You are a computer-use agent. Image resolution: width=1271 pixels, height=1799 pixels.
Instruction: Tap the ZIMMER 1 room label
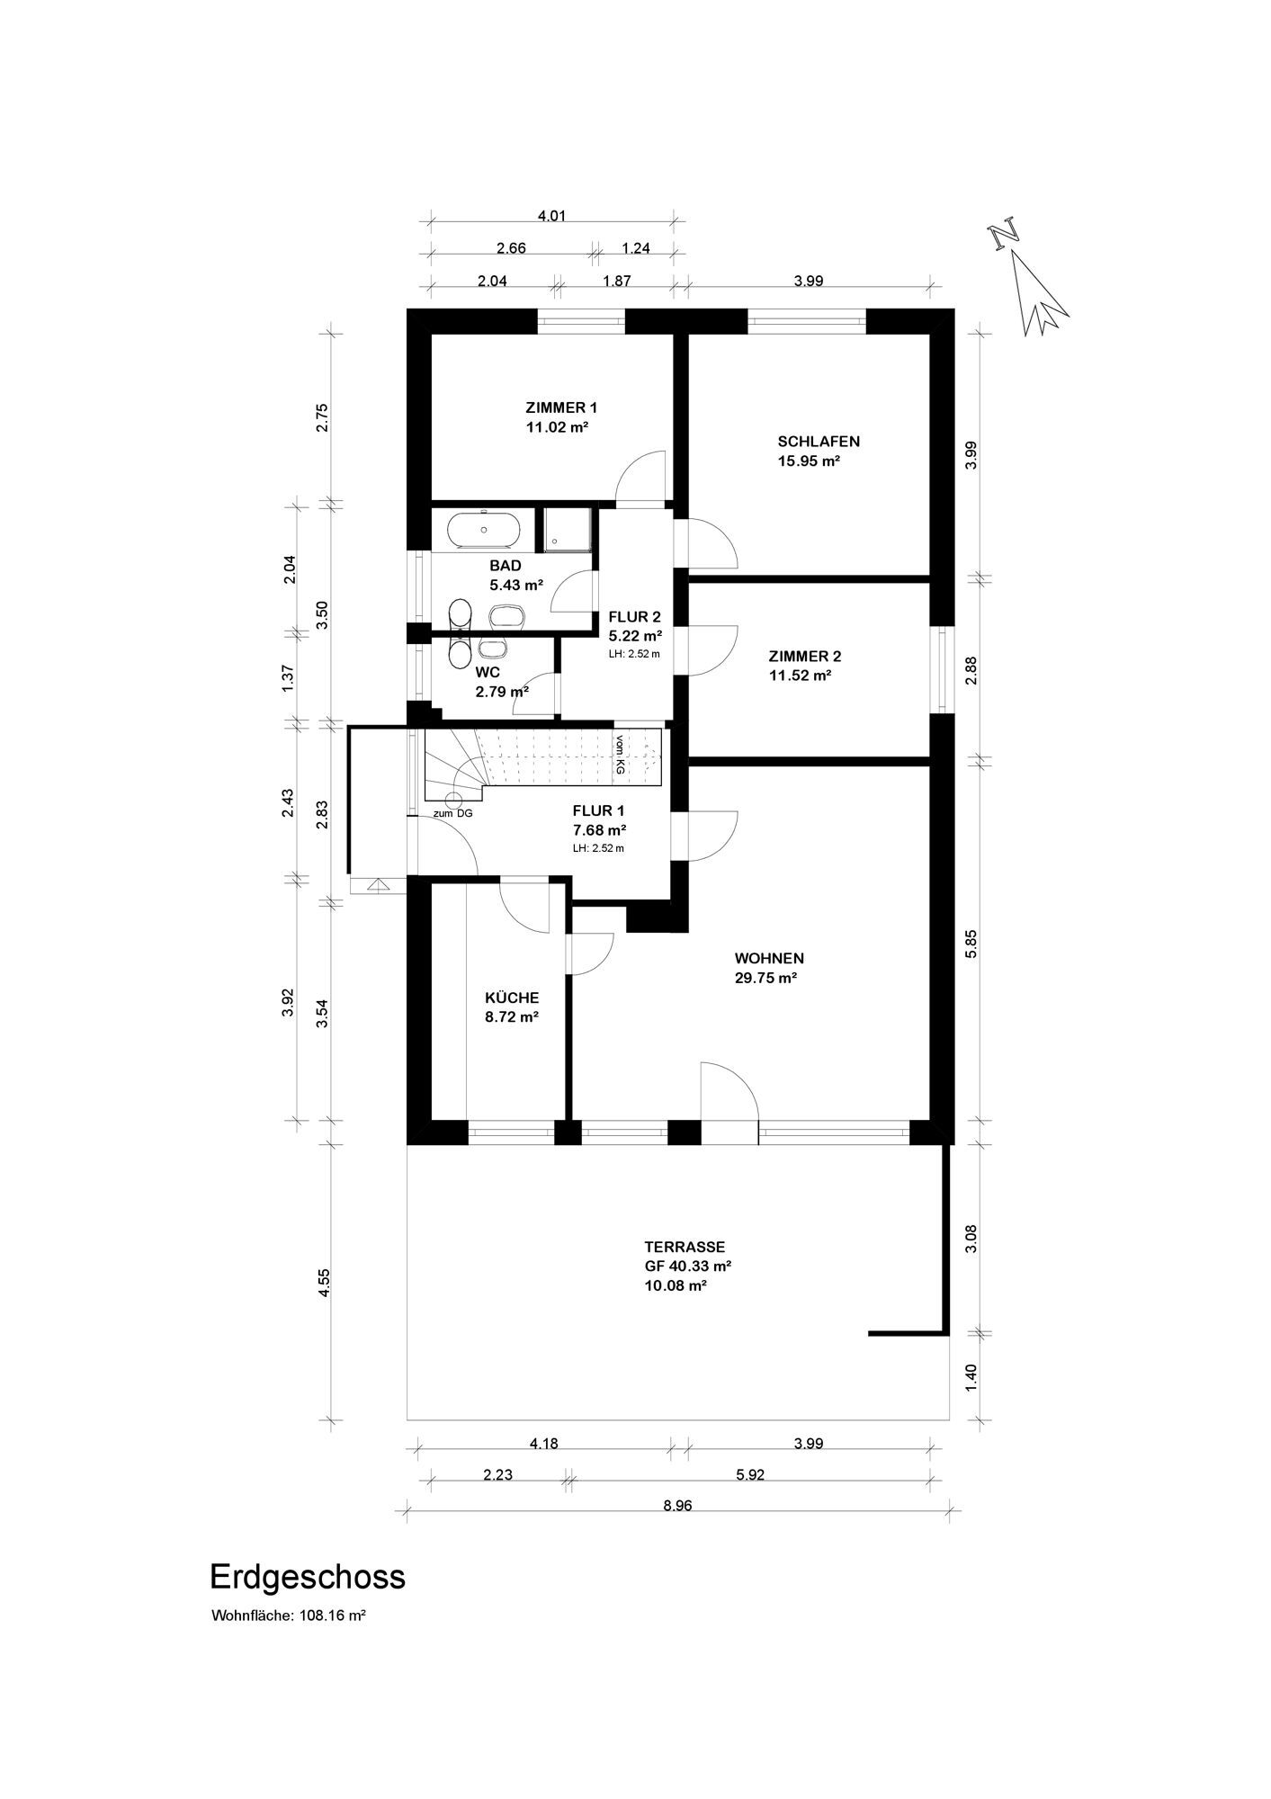click(561, 407)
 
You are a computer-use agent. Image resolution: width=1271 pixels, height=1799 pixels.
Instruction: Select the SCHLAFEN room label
click(819, 442)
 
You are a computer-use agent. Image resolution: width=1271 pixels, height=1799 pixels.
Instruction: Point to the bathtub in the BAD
click(485, 530)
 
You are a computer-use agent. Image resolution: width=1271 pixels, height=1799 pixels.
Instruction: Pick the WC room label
click(487, 671)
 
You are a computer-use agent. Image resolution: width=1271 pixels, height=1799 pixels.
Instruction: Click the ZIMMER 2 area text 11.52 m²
click(799, 676)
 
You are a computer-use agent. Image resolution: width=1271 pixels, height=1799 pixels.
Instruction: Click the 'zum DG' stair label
click(452, 814)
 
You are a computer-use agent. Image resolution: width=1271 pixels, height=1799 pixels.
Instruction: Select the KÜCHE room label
click(512, 998)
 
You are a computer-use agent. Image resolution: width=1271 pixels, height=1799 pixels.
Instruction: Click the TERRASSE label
click(685, 1247)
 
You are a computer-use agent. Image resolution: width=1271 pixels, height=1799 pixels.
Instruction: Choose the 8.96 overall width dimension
click(677, 1507)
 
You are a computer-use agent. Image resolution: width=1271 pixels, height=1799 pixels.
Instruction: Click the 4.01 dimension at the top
click(552, 216)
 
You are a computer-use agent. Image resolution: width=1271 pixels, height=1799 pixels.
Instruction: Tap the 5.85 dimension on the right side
click(971, 944)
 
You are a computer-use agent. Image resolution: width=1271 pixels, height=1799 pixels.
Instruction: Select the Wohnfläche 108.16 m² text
click(288, 1616)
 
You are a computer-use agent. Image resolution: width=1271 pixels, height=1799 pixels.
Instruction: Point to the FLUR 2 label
click(634, 617)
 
